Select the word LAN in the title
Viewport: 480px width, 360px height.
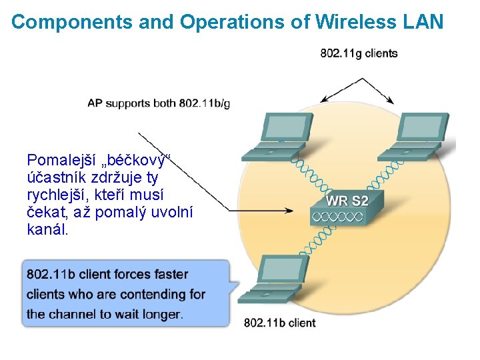click(423, 22)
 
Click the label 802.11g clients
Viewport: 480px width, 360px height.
click(359, 53)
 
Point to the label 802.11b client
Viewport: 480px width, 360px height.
click(280, 323)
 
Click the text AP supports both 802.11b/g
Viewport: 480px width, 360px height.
click(159, 103)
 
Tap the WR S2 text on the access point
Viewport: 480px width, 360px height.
click(347, 200)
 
